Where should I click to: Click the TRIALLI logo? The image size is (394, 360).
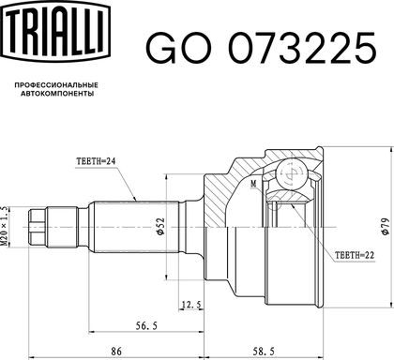point(56,31)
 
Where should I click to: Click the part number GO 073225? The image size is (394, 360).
point(261,49)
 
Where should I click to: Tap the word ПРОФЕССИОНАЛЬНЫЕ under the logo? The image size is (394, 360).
point(56,85)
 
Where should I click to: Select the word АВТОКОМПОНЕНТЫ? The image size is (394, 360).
point(57,94)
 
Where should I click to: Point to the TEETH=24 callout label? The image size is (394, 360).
point(96,161)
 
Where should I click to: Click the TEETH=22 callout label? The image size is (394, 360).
point(355,255)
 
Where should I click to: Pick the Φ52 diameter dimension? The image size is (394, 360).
point(160,226)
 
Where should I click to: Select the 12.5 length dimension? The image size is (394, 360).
point(191,304)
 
